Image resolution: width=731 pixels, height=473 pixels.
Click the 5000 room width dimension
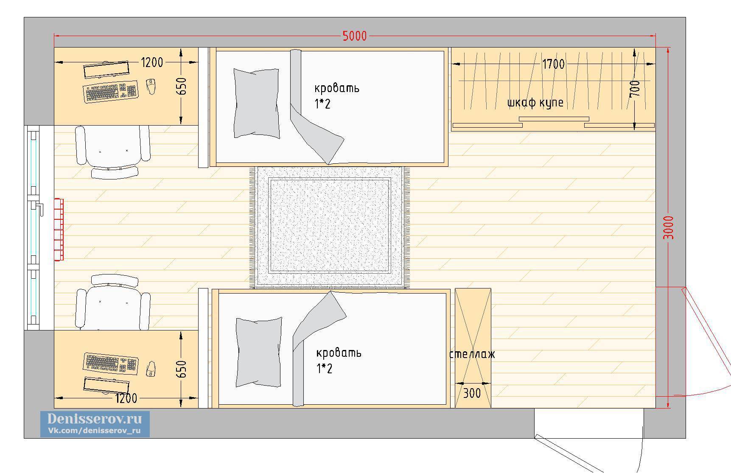point(355,36)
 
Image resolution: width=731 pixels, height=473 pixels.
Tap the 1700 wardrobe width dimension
point(553,64)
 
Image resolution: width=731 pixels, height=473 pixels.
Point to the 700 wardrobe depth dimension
point(635,89)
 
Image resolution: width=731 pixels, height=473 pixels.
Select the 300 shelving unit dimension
point(471,393)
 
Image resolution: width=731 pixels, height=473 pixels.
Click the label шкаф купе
point(535,103)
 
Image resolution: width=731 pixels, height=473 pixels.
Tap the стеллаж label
point(472,354)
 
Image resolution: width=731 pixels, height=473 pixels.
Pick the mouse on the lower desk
point(151,369)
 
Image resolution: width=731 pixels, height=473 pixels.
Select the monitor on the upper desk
point(106,70)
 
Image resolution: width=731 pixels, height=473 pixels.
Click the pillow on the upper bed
point(257,104)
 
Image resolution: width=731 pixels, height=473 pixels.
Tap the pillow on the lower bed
point(259,352)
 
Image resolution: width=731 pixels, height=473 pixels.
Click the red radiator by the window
point(59,229)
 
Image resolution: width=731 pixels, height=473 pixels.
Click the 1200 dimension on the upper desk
point(152,63)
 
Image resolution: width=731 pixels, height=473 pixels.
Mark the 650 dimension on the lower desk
point(181,369)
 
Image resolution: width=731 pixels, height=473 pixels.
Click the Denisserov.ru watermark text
point(95,419)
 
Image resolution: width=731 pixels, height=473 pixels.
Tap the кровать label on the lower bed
point(339,353)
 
